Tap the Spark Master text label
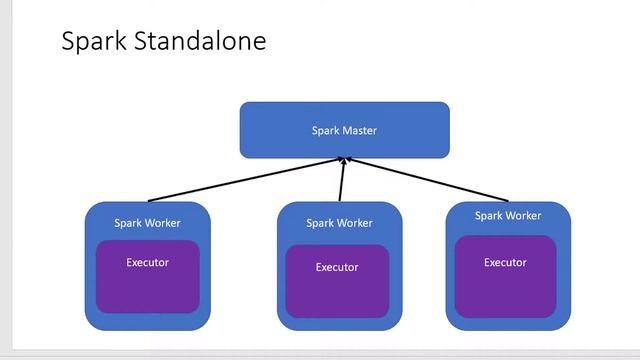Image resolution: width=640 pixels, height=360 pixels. click(344, 130)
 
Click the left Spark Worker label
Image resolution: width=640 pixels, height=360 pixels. click(147, 223)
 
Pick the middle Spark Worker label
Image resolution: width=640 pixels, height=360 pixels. click(339, 223)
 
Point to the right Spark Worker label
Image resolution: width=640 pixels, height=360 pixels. click(507, 216)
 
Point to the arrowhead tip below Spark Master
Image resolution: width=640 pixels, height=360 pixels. click(344, 160)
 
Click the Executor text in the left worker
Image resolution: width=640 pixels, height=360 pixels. click(147, 263)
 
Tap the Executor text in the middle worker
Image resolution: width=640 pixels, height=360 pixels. click(337, 267)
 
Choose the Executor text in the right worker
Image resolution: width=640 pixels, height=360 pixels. click(505, 263)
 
